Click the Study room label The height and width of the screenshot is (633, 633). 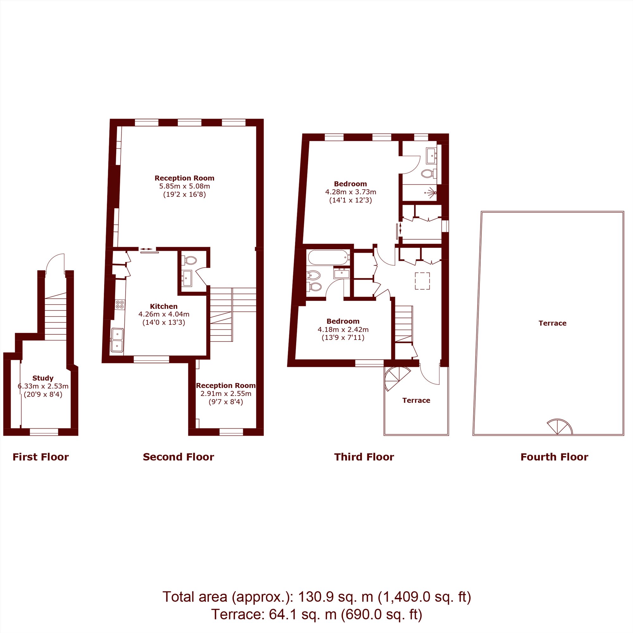[43, 378]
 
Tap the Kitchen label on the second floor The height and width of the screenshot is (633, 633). [164, 306]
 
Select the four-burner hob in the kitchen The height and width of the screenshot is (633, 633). [120, 304]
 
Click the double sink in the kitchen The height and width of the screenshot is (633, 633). [117, 340]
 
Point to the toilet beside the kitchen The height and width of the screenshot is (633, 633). [190, 260]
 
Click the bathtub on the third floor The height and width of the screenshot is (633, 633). [329, 258]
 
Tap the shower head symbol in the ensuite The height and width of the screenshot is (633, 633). [431, 192]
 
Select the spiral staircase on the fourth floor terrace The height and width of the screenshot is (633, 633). [560, 427]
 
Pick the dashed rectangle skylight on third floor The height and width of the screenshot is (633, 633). [423, 281]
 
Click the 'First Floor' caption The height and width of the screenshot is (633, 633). [41, 457]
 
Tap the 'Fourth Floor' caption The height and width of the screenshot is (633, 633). [555, 457]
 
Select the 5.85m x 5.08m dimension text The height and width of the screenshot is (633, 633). [185, 186]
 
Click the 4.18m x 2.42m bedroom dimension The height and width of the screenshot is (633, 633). [343, 329]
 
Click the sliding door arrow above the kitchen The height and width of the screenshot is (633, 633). [147, 249]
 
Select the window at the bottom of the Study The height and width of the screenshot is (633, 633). [44, 432]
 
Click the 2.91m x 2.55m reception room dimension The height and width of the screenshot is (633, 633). [226, 393]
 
